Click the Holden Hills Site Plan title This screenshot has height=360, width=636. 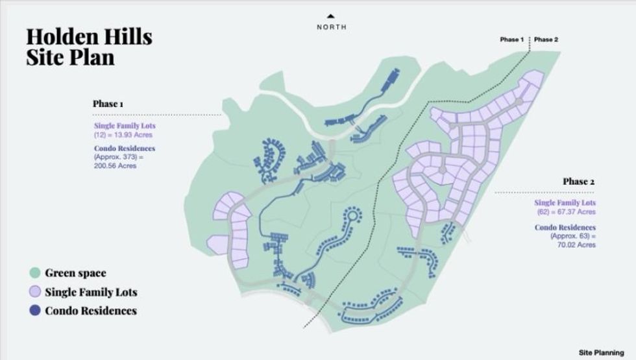[x=89, y=47]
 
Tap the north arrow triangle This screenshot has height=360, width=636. [x=332, y=16]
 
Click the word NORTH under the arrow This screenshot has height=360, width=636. [x=332, y=27]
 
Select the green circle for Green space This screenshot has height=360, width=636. [x=35, y=273]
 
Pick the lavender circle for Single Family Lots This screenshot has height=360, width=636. [x=35, y=292]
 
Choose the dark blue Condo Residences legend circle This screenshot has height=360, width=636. [x=35, y=311]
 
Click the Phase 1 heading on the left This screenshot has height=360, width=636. [x=108, y=104]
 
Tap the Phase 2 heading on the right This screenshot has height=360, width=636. [x=579, y=182]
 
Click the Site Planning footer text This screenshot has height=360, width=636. [x=601, y=352]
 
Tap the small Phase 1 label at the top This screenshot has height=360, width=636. [x=512, y=40]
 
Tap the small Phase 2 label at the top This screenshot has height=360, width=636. [x=546, y=40]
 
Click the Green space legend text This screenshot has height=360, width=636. [x=75, y=273]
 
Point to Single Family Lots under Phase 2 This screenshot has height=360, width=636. [x=565, y=203]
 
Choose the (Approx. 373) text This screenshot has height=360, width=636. [x=116, y=157]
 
